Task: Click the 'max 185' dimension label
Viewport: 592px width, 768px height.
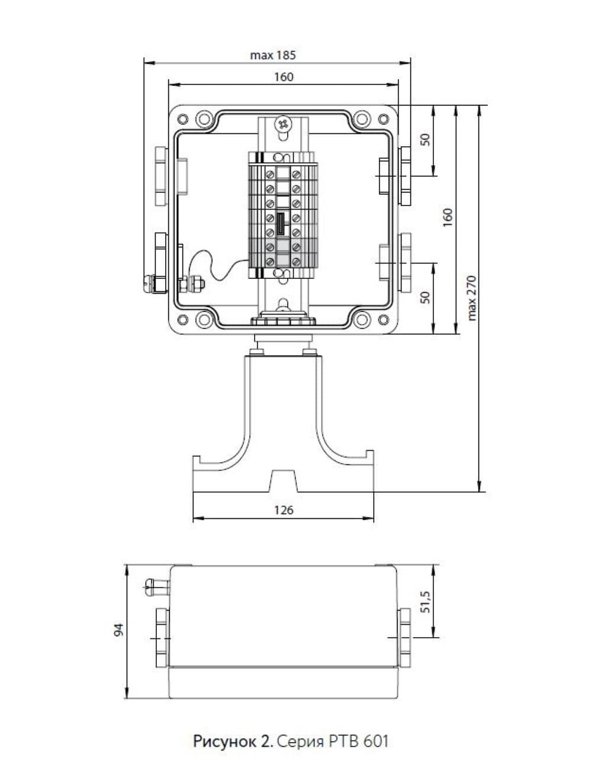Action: coord(273,56)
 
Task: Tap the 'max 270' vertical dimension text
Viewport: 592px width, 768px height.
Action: coord(472,298)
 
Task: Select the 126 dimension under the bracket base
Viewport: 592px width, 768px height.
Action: coord(284,510)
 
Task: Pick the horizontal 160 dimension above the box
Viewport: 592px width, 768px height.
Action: coord(284,77)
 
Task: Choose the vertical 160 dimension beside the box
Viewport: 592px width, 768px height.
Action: coord(448,217)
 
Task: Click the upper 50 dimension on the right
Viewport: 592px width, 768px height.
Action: coord(426,140)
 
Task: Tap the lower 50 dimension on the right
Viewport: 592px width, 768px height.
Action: coord(426,297)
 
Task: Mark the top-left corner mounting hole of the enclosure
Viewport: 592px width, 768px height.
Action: coord(182,119)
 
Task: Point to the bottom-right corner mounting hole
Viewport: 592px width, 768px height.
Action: coord(384,320)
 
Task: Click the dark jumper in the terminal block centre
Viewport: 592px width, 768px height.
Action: coord(281,224)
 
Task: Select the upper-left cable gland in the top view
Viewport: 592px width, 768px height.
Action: coord(161,176)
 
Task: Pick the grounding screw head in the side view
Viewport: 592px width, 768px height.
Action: coord(149,587)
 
